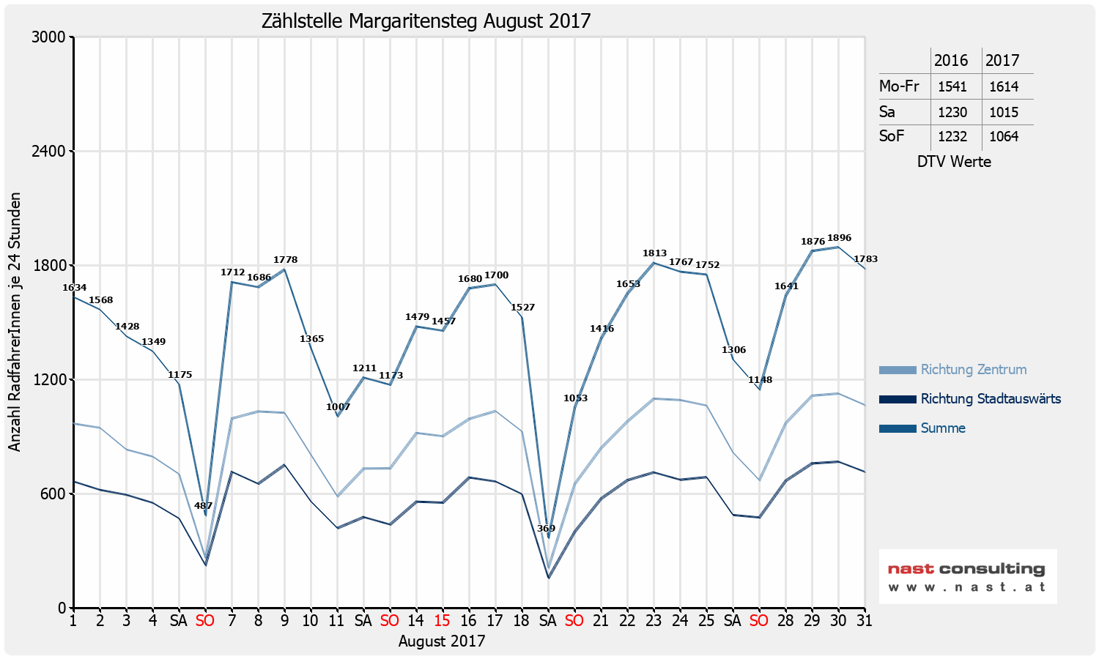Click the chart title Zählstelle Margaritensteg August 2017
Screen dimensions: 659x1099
(426, 21)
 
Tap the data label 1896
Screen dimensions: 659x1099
(839, 238)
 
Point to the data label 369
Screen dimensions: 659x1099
(546, 529)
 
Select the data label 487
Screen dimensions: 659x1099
(203, 506)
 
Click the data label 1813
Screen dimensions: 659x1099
(654, 253)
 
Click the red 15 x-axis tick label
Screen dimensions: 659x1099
(442, 621)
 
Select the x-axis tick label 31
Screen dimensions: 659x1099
(864, 621)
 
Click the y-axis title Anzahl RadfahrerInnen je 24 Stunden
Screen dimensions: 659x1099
(15, 322)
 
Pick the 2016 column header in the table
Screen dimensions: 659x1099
(951, 61)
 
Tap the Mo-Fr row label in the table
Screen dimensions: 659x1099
(899, 86)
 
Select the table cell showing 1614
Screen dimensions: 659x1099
(1004, 86)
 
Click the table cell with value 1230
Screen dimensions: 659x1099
(952, 112)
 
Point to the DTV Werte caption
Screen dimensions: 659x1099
(954, 162)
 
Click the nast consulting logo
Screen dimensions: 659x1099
(967, 577)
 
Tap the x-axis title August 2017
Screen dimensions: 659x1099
(442, 641)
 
